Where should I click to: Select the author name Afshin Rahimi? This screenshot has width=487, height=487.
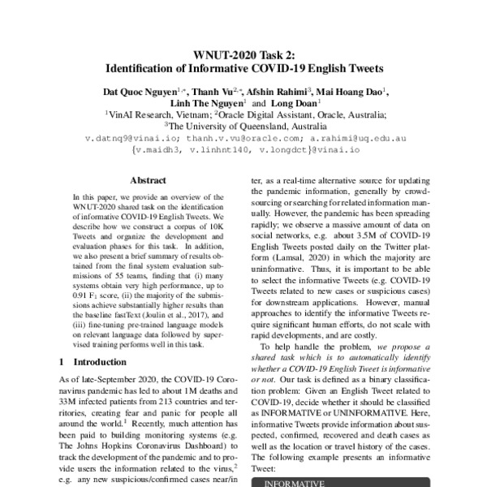(272, 93)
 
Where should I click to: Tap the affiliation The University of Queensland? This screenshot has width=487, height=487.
(240, 127)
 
